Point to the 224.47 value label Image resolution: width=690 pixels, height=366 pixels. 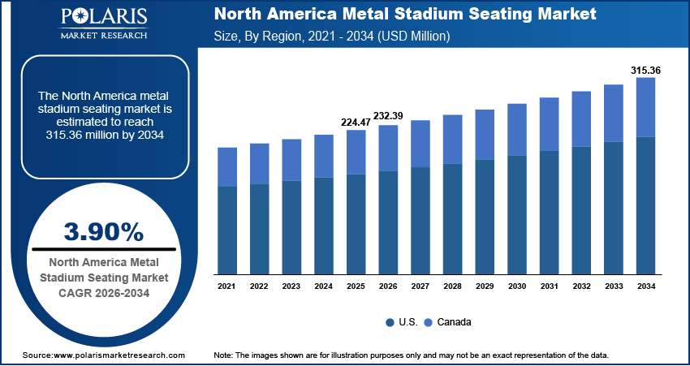click(355, 123)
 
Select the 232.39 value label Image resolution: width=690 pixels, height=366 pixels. click(387, 117)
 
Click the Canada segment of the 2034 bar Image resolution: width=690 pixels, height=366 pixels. click(645, 107)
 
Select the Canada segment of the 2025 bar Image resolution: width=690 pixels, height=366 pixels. click(356, 152)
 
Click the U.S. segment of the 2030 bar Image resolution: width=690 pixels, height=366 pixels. click(517, 214)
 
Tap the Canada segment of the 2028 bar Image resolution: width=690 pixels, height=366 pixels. click(452, 139)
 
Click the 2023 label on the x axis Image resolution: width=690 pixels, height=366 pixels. click(291, 286)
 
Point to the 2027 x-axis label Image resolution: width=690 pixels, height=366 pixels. click(420, 286)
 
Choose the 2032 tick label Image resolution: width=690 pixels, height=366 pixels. click(581, 286)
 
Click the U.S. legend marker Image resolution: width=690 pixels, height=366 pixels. click(390, 322)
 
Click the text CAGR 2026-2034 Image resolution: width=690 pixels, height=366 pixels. click(103, 291)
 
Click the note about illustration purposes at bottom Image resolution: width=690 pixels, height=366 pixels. click(410, 355)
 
